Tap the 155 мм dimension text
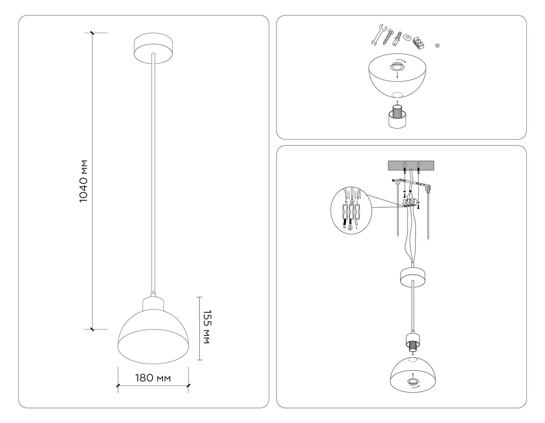pyautogui.click(x=205, y=327)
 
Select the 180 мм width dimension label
pyautogui.click(x=153, y=379)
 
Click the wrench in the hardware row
pyautogui.click(x=378, y=34)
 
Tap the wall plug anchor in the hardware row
pyautogui.click(x=398, y=38)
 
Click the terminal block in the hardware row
pyautogui.click(x=419, y=43)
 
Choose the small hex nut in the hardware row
pyautogui.click(x=437, y=45)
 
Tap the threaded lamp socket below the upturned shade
pyautogui.click(x=397, y=117)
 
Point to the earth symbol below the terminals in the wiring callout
pyautogui.click(x=350, y=229)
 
